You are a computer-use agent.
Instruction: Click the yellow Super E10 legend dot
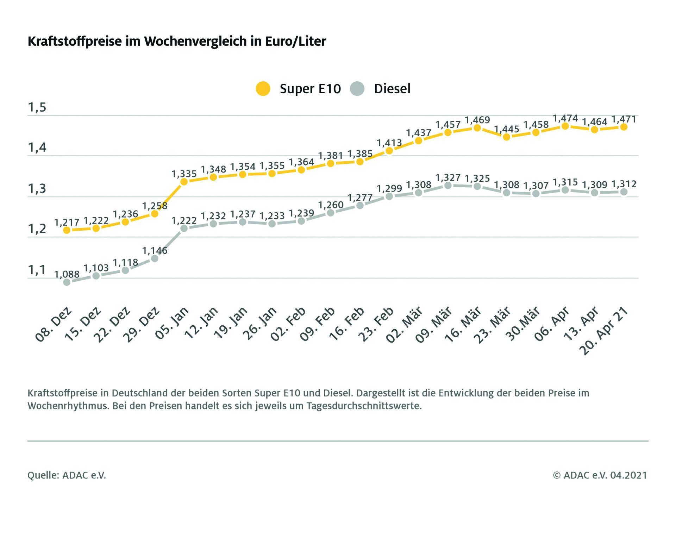[263, 89]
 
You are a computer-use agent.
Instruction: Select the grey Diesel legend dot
[357, 89]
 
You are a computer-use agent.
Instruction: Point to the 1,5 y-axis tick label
[37, 107]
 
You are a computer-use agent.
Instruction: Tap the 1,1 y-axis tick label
[37, 270]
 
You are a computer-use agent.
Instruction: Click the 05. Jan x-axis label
[172, 323]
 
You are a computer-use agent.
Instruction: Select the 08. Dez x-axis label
[54, 325]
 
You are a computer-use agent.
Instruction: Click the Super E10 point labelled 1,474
[565, 126]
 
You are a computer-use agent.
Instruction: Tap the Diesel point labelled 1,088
[67, 282]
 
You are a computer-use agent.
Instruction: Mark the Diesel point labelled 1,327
[448, 185]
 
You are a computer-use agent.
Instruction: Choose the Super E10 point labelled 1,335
[184, 182]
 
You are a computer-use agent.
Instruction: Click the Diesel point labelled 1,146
[155, 258]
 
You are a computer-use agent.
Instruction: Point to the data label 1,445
[507, 129]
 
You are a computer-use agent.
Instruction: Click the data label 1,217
[67, 223]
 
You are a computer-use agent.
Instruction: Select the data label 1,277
[360, 198]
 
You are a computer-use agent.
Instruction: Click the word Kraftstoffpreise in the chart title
[75, 42]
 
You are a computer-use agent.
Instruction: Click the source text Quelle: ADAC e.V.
[67, 475]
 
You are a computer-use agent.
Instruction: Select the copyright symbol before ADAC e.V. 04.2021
[556, 475]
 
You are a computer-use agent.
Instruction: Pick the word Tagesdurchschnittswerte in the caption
[364, 406]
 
